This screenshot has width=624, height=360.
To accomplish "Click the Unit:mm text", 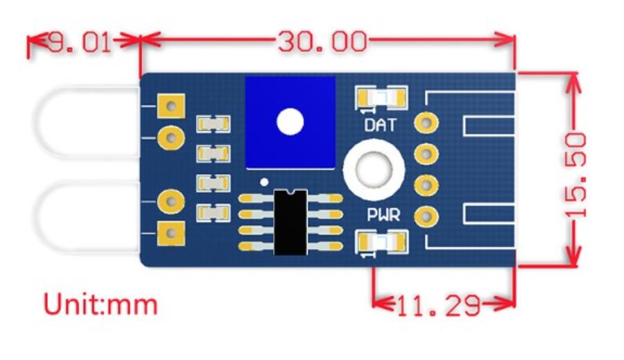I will (101, 305).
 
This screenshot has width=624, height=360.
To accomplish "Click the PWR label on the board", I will (383, 216).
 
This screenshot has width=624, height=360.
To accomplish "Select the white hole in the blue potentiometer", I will (290, 122).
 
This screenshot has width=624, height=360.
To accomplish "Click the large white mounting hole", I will (374, 169).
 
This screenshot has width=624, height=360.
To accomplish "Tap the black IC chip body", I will (291, 221).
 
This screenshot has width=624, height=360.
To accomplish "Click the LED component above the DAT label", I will (381, 97).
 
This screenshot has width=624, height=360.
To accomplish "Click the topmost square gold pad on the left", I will (171, 106).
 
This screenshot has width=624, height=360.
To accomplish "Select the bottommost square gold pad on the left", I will (171, 233).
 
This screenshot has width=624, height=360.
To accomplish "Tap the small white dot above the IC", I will (263, 182).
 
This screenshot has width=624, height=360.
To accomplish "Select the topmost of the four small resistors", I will (213, 123).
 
